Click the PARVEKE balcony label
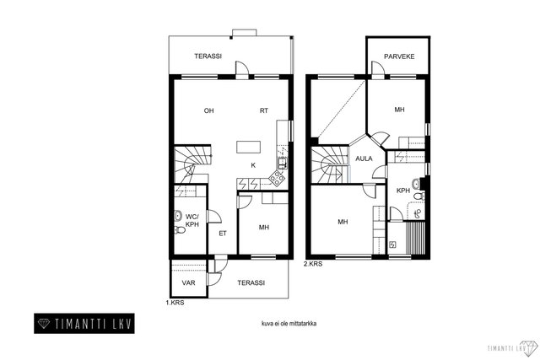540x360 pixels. tap(399, 56)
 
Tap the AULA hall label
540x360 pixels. tap(364, 159)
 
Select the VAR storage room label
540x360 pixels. tap(188, 283)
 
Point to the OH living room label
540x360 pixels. tap(208, 110)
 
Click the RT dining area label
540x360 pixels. tap(264, 110)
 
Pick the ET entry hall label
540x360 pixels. tap(223, 234)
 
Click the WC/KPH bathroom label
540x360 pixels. tap(192, 221)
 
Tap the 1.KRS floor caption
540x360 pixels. tap(175, 303)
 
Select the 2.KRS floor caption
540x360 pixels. tap(313, 264)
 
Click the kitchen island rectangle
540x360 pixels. tap(248, 147)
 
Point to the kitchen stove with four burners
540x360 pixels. tap(278, 178)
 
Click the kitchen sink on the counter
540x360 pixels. tap(282, 163)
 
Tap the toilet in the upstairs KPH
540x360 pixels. tap(419, 196)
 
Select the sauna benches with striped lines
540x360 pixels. tap(416, 239)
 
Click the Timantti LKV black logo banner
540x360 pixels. tap(84, 324)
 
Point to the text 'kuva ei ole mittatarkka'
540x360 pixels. tap(289, 324)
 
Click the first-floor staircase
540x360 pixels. tap(192, 165)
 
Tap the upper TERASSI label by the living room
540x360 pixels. tap(208, 56)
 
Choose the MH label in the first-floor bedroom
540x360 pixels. tap(264, 228)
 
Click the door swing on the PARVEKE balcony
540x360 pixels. tap(377, 67)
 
